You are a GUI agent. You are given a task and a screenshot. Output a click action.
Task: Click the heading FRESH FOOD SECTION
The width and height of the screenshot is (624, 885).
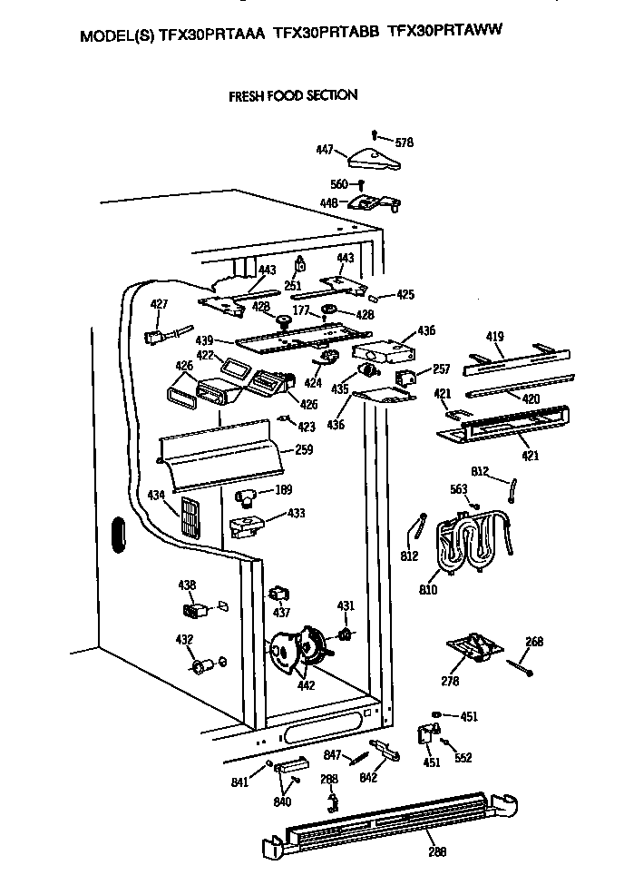click(292, 94)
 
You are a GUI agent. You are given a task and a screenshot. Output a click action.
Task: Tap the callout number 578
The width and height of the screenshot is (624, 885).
click(404, 142)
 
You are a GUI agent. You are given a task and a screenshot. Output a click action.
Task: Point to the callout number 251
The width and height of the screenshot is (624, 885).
click(293, 285)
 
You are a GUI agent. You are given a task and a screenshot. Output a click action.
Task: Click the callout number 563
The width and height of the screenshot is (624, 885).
click(459, 490)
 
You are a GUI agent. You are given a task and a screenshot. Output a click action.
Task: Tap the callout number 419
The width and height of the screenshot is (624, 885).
click(494, 338)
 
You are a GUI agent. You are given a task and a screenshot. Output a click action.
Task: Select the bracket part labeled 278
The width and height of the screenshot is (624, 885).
click(473, 649)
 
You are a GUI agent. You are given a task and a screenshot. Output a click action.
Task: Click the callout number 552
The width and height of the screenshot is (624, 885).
click(463, 758)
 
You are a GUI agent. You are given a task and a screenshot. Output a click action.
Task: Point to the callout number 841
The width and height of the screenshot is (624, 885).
click(240, 783)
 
